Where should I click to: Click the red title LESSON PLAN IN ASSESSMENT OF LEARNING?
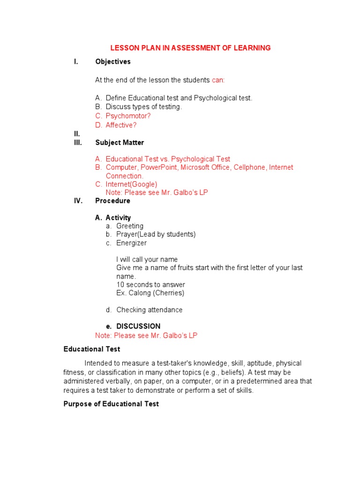click(190, 48)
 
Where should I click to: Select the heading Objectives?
click(113, 61)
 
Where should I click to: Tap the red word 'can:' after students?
click(218, 80)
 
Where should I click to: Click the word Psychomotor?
click(128, 116)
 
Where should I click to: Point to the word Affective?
click(121, 125)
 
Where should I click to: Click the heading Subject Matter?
click(120, 142)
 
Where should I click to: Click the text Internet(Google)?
click(131, 184)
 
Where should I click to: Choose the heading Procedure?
click(112, 201)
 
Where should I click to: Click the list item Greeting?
click(130, 226)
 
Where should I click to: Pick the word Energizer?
click(131, 243)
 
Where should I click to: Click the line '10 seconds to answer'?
click(150, 285)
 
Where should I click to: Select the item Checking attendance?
click(149, 310)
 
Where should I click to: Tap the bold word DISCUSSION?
click(138, 326)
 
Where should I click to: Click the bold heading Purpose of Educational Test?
click(111, 404)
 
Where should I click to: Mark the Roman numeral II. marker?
click(77, 134)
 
